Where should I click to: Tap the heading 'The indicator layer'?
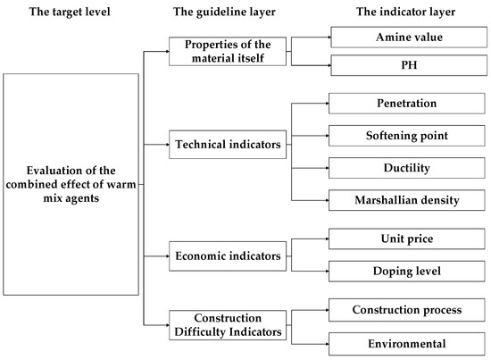(x=393, y=12)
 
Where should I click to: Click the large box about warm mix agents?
(x=72, y=181)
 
